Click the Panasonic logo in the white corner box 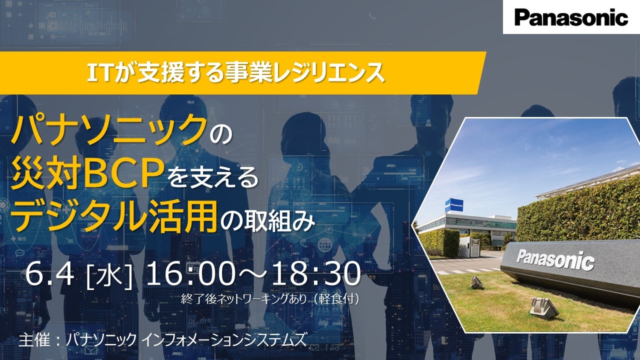tap(571, 17)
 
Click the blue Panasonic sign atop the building tap(454, 205)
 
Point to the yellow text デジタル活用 tap(113, 216)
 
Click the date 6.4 tap(49, 274)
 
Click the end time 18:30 tap(315, 274)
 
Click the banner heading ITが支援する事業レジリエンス tap(235, 73)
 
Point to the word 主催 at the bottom tap(33, 340)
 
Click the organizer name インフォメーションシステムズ tap(224, 340)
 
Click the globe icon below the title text tap(324, 245)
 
